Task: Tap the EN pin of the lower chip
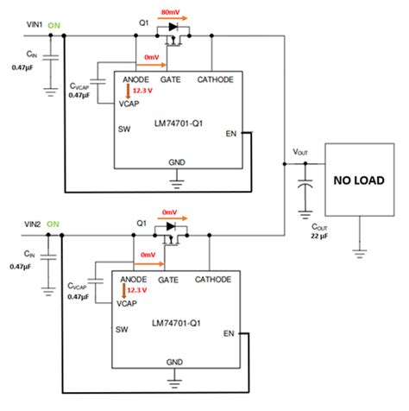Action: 230,332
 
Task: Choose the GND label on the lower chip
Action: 176,361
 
